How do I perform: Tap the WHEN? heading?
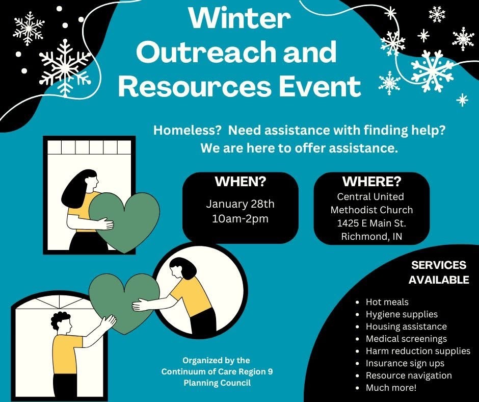click(x=241, y=182)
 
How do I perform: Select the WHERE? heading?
click(x=371, y=182)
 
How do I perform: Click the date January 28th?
click(x=240, y=204)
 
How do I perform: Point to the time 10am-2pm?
click(x=240, y=219)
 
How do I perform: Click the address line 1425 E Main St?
click(x=371, y=223)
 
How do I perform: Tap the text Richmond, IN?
click(x=371, y=237)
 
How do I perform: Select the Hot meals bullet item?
click(x=387, y=302)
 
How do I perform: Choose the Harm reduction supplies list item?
click(x=418, y=351)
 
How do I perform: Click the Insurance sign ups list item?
click(x=405, y=363)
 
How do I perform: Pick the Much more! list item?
click(x=391, y=388)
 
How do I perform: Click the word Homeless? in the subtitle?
click(x=187, y=130)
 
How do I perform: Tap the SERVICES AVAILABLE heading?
click(x=439, y=272)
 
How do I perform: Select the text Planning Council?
click(x=217, y=383)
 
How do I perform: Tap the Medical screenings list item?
click(x=406, y=339)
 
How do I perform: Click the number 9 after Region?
click(x=270, y=371)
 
